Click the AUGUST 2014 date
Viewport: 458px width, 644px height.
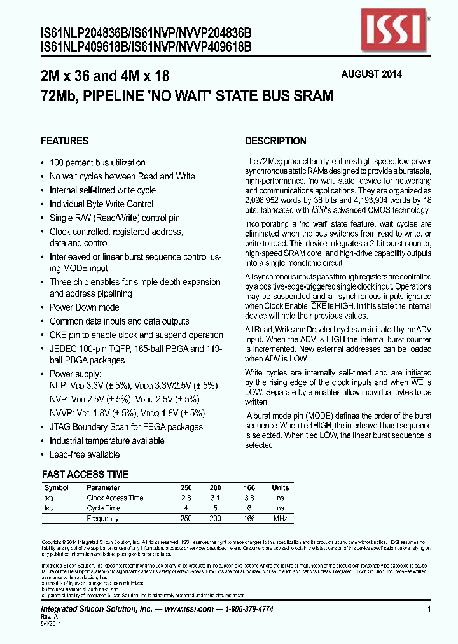pos(371,74)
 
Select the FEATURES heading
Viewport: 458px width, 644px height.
pos(64,141)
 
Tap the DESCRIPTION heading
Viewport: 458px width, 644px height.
pos(275,141)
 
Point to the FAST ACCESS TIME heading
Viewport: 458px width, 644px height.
pos(85,475)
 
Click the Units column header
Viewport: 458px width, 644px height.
pos(280,487)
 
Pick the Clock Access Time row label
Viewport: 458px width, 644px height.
pos(115,498)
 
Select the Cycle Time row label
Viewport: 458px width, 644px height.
pos(104,508)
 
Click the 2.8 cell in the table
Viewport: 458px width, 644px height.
pos(186,498)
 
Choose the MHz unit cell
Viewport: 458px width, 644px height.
pos(280,519)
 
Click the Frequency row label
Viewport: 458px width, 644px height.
pos(103,519)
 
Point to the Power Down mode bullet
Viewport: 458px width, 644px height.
pos(84,307)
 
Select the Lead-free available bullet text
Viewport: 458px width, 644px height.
pos(85,454)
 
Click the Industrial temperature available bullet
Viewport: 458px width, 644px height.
pos(107,440)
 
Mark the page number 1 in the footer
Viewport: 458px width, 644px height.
pos(429,609)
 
